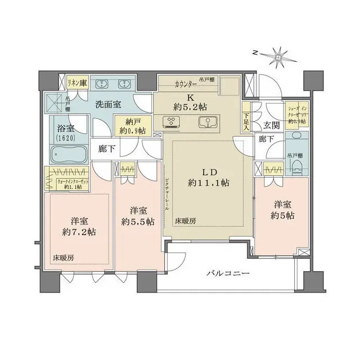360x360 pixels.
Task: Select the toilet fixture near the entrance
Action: coord(296,164)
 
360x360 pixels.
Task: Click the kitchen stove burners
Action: coord(170,121)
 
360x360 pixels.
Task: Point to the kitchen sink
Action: coord(206,122)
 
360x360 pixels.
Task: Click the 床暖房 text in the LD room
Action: coord(185,221)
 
